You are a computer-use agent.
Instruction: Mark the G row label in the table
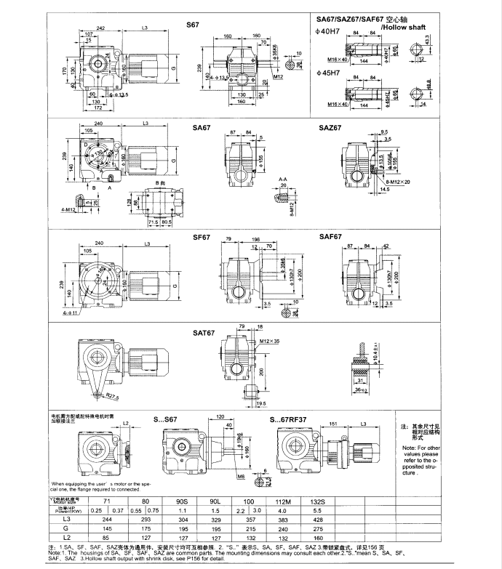tap(67, 530)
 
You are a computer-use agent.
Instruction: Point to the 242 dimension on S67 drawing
tap(100, 28)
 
